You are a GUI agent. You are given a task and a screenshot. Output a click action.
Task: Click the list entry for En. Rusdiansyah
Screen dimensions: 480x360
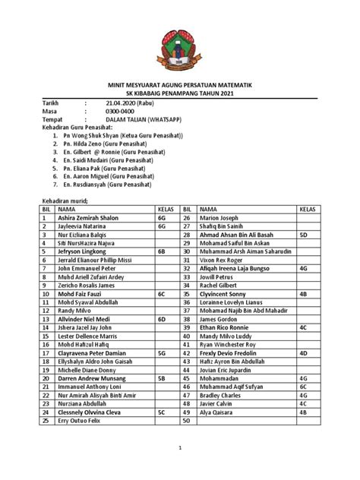click(97, 183)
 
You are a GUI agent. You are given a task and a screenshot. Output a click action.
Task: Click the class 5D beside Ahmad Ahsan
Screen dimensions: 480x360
click(302, 235)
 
